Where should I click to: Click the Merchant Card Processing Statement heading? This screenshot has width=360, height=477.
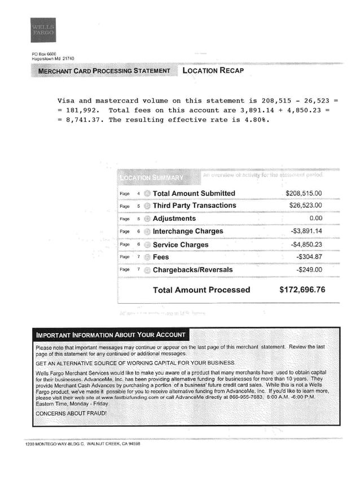[104, 71]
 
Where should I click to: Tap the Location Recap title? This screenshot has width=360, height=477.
[213, 71]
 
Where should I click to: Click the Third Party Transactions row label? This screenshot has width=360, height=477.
[194, 205]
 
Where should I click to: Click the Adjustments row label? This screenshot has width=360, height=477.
[174, 218]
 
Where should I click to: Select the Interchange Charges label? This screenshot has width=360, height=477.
[188, 231]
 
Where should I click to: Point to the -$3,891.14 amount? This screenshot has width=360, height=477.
[306, 231]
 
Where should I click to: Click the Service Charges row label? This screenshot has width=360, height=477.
[181, 245]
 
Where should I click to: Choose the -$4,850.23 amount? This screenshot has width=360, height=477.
[306, 245]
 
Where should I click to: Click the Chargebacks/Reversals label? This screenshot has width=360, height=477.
[192, 270]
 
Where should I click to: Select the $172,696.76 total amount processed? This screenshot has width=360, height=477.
[302, 290]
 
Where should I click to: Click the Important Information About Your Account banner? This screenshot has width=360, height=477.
[110, 334]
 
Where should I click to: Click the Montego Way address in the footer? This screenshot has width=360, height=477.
[82, 444]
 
